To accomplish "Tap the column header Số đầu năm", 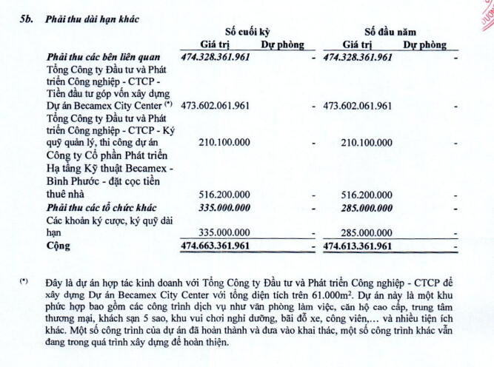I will (x=390, y=32).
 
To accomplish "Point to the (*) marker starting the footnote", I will (x=25, y=282).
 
